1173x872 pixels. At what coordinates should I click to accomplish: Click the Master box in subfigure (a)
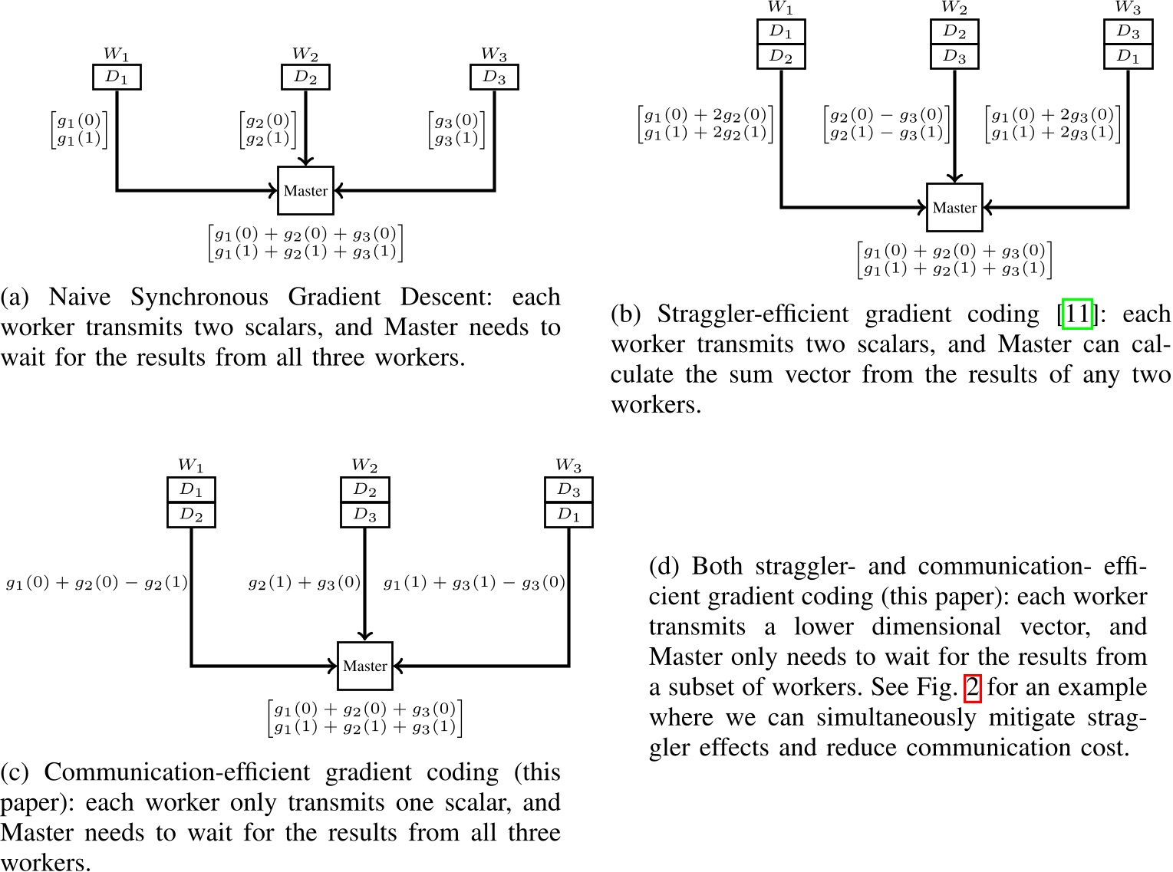tap(305, 191)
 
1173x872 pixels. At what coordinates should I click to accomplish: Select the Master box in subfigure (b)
tap(954, 208)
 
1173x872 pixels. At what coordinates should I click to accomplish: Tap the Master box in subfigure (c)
tap(365, 666)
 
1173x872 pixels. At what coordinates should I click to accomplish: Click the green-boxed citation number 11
tap(1076, 314)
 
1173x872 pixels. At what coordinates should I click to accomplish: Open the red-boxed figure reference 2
tap(972, 687)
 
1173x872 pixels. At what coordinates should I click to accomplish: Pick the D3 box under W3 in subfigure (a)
tap(494, 77)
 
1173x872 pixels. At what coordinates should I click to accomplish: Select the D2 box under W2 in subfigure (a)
tap(305, 77)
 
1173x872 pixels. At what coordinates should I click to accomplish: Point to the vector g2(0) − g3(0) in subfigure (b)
tap(886, 123)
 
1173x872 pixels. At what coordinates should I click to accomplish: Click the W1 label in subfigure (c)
tap(190, 466)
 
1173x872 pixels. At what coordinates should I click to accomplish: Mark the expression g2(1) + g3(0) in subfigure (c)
tap(305, 583)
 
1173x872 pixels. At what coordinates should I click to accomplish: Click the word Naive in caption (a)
tap(80, 297)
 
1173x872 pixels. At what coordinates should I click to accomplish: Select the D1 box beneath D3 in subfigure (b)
tap(1128, 57)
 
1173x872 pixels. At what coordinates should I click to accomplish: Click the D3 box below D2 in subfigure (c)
tap(365, 515)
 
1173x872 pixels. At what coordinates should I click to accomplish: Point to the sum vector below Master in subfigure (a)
tap(305, 242)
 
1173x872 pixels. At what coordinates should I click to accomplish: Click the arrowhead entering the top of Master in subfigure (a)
tap(305, 161)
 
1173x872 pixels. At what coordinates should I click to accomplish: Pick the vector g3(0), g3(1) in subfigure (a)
tap(456, 130)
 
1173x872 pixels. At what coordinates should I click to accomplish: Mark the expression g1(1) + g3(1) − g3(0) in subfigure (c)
tap(474, 583)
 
